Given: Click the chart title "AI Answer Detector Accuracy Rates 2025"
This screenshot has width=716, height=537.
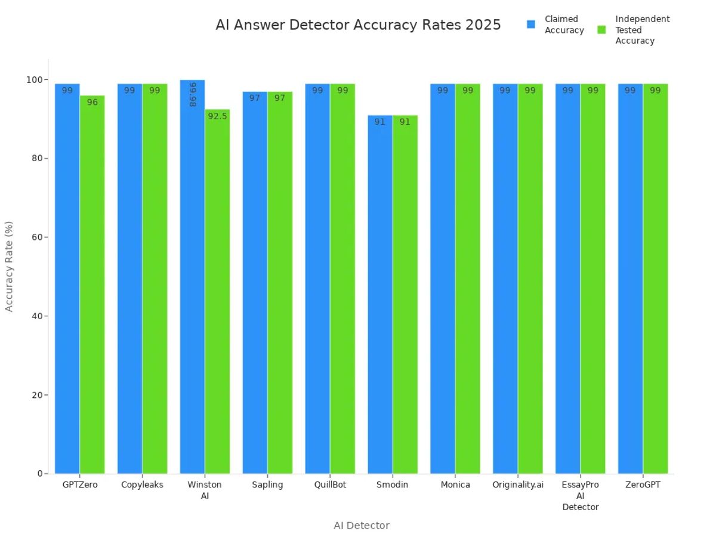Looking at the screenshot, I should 358,25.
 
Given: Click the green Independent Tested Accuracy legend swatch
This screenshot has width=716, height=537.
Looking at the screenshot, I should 601,30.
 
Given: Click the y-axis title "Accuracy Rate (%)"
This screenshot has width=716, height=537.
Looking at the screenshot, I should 9,266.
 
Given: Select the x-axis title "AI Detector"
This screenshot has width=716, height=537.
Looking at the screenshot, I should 361,526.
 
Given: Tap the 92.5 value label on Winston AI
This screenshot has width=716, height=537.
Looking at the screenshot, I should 217,116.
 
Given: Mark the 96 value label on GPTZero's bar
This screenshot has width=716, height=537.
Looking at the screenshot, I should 92,103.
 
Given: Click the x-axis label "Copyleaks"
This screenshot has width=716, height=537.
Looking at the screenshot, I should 142,485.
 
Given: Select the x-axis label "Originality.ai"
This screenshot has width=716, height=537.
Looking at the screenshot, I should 518,485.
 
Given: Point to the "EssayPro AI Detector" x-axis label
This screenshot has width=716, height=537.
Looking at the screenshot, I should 581,496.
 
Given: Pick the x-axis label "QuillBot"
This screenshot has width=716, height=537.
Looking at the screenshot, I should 330,485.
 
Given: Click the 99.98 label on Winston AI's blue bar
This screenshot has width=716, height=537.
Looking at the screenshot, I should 192,95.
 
